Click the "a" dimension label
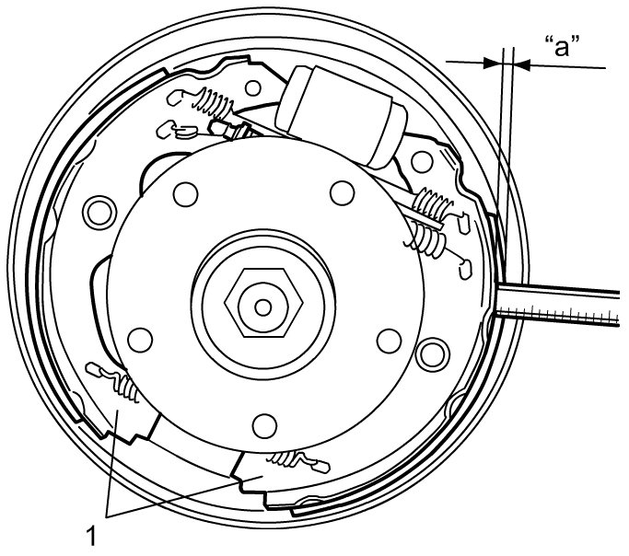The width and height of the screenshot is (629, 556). [x=563, y=46]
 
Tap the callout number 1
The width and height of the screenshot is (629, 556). [x=92, y=535]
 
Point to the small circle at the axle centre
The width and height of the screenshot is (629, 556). [x=263, y=307]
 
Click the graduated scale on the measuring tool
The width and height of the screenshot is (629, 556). [x=557, y=314]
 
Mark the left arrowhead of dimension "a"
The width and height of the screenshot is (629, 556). [x=493, y=63]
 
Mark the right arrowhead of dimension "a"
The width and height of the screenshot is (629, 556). [x=522, y=65]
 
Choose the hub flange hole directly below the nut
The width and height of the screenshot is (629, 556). [x=264, y=425]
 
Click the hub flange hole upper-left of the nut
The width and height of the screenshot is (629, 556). [x=186, y=194]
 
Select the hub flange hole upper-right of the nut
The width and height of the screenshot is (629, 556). [x=343, y=192]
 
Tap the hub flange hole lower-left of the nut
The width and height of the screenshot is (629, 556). [x=140, y=340]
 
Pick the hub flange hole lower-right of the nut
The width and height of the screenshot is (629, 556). [x=390, y=341]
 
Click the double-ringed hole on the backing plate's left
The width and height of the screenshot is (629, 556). [x=99, y=213]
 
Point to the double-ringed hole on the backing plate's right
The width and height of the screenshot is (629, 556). [x=433, y=354]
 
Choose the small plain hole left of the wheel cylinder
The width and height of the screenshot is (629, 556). [x=253, y=88]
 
